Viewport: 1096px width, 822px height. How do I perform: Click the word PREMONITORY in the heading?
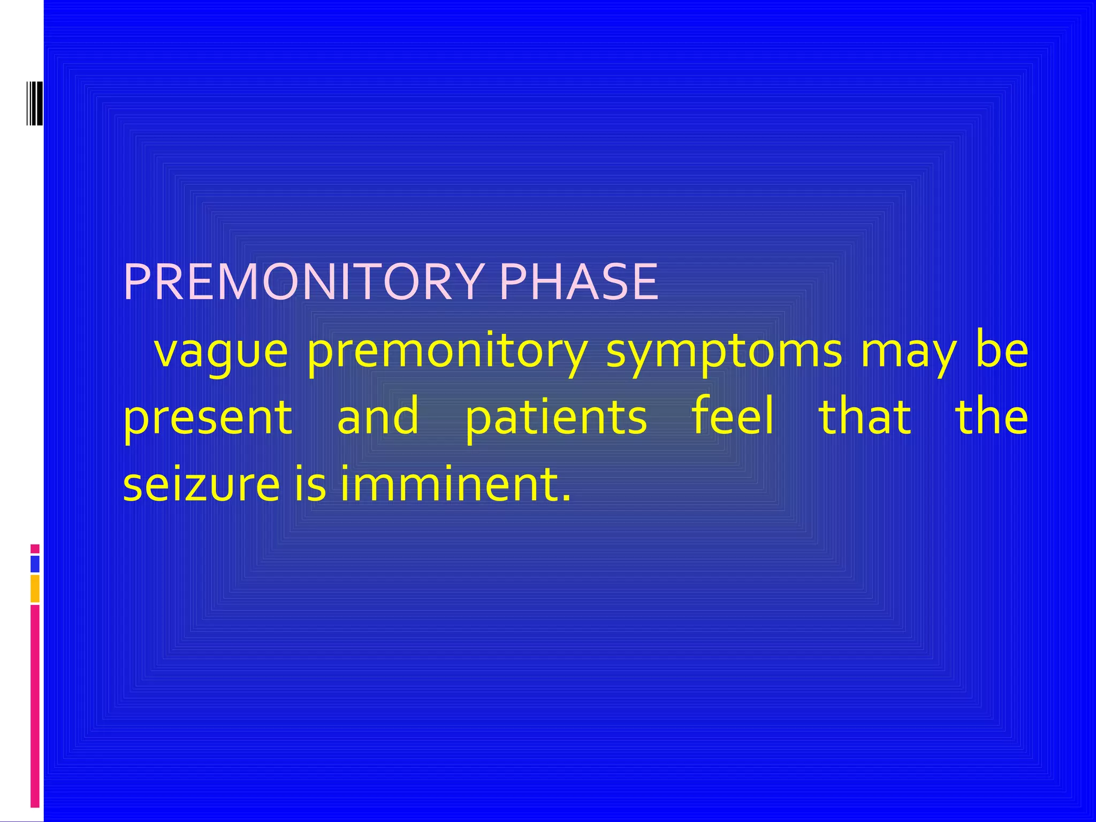point(302,282)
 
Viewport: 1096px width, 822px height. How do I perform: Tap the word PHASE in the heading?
point(578,282)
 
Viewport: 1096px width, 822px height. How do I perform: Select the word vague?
point(220,352)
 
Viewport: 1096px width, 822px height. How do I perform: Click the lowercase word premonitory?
point(447,352)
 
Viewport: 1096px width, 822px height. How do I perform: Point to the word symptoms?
point(724,352)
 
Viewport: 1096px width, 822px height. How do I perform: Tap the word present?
point(208,418)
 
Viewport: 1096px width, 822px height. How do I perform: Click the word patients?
point(556,418)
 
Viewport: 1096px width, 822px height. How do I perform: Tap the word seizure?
point(201,484)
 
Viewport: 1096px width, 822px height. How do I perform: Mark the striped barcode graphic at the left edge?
point(35,103)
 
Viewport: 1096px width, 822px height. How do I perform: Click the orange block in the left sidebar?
point(35,588)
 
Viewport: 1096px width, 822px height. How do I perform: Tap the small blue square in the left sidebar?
point(35,564)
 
